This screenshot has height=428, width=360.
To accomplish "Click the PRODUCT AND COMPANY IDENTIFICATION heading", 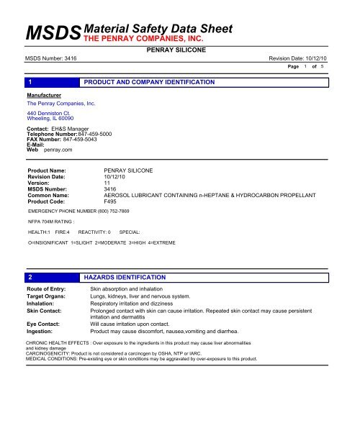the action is click(x=150, y=83).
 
